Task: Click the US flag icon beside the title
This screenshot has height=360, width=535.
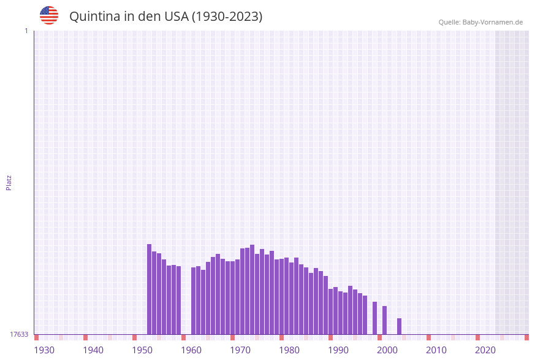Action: pos(49,15)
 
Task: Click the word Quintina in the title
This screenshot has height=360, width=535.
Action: pos(94,17)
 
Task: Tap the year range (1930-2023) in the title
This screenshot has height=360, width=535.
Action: pos(227,17)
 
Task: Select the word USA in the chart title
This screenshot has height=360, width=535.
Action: pos(176,17)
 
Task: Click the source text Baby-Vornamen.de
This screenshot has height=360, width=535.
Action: pos(493,22)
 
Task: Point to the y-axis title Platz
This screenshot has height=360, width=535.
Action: pos(9,182)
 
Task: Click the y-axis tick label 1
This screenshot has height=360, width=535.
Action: pos(26,31)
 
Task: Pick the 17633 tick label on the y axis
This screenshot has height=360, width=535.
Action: pos(19,334)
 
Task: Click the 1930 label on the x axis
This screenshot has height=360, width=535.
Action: pos(44,350)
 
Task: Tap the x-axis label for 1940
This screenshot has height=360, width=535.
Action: pos(93,350)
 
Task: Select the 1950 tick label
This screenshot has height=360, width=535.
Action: pos(142,350)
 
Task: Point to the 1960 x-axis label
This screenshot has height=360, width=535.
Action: pos(191,350)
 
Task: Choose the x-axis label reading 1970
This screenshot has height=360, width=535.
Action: pos(240,350)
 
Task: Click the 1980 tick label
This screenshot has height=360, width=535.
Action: pos(289,350)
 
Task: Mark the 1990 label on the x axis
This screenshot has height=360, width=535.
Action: pos(338,350)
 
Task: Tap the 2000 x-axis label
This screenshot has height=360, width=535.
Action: pos(387,350)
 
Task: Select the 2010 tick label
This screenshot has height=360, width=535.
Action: pos(436,350)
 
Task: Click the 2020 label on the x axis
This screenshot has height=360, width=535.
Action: pos(485,350)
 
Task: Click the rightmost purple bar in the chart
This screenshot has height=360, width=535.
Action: pos(399,326)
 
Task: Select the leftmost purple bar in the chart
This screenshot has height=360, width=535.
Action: pos(149,289)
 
